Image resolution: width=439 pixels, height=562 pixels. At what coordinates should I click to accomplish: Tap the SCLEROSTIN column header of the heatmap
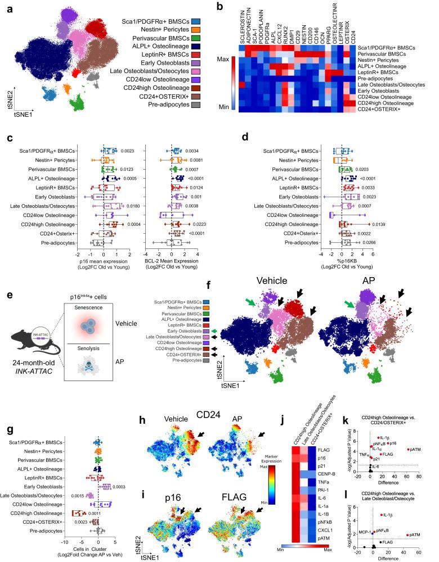tap(242, 28)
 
